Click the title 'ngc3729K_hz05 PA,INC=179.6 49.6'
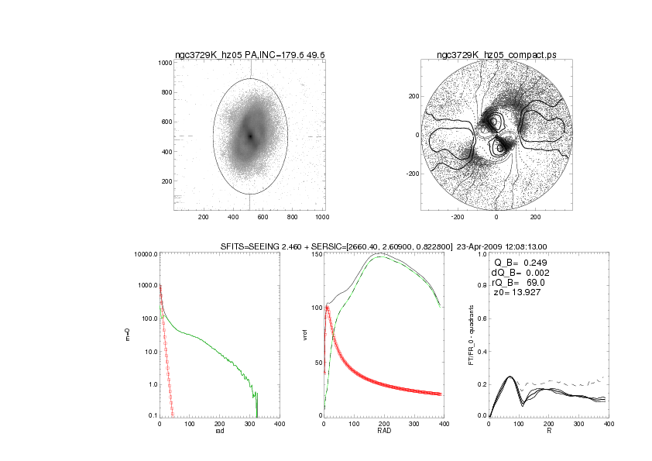249,55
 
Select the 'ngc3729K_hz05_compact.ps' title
495,55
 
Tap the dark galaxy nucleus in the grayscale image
250,136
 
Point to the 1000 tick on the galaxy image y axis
163,63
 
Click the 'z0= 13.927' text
520,293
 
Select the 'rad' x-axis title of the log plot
219,431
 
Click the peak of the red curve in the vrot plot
328,306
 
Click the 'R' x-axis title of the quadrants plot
549,431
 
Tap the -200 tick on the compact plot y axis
411,174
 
